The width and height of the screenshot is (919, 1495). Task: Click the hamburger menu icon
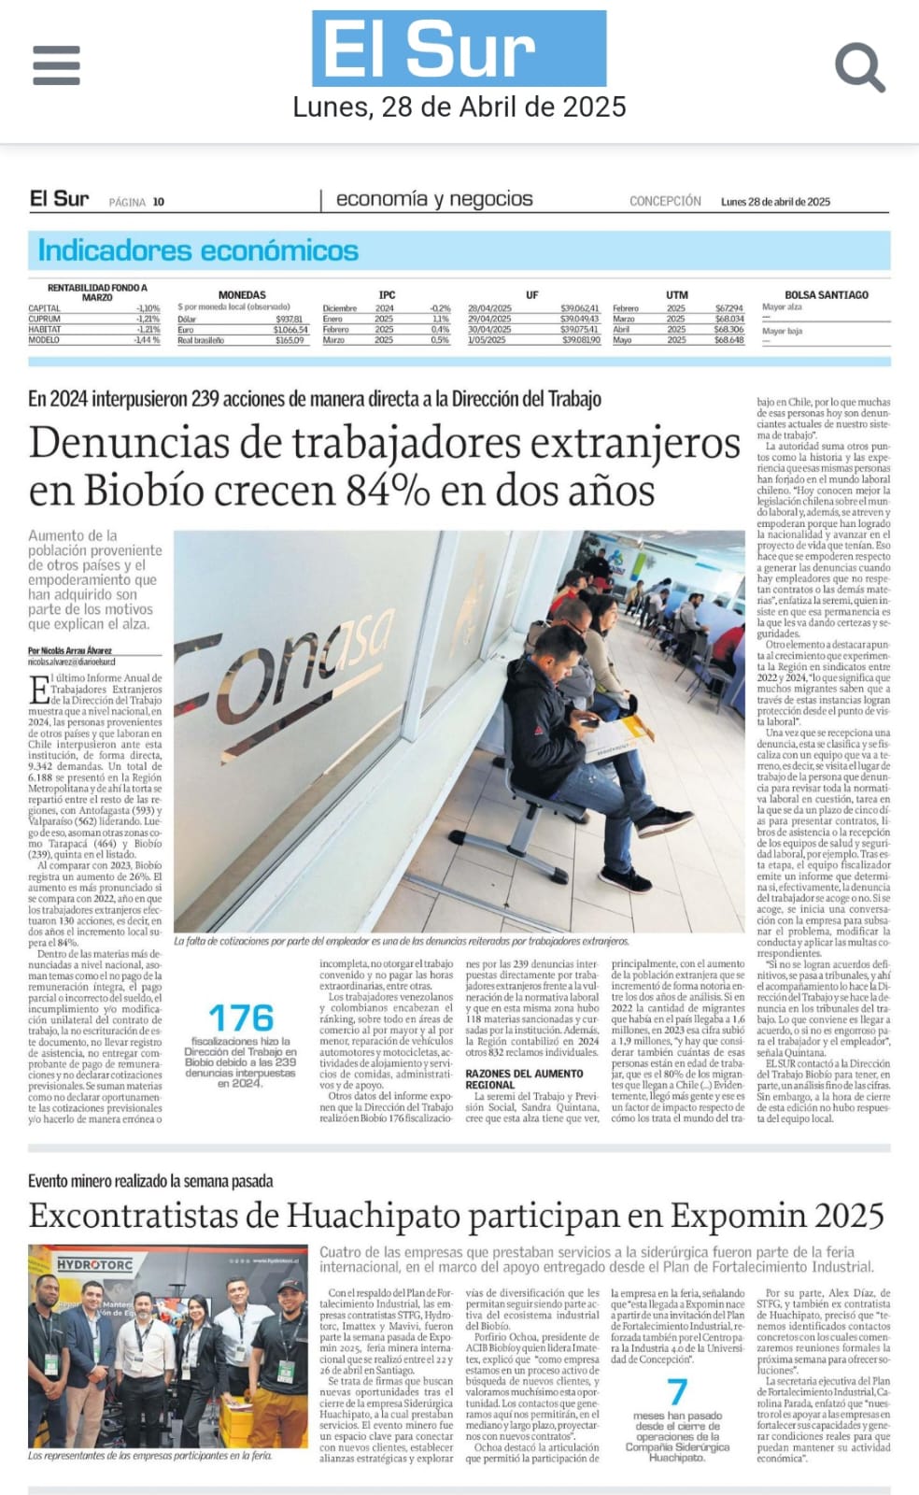tap(56, 64)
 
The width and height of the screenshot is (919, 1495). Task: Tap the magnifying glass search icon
tap(858, 67)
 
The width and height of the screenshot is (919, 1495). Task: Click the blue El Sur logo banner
tap(459, 49)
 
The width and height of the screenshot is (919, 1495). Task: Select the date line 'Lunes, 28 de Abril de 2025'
tap(459, 107)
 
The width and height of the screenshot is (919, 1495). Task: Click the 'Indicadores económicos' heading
tap(198, 250)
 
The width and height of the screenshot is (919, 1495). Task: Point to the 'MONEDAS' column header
tap(242, 295)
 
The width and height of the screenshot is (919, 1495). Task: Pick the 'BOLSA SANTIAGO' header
tap(826, 295)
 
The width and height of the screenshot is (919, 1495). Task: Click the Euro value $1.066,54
tap(290, 330)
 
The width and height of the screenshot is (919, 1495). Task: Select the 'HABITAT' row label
tap(45, 329)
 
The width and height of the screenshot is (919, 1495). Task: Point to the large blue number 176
tap(241, 1018)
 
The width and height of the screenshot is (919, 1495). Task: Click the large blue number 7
tap(677, 1393)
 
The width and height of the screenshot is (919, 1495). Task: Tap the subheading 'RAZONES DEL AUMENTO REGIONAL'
tap(525, 1079)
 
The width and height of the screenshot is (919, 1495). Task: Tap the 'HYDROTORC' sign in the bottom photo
tap(95, 1264)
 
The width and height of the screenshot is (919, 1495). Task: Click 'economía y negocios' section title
tap(434, 199)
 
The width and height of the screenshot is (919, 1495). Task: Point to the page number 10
tap(159, 202)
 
